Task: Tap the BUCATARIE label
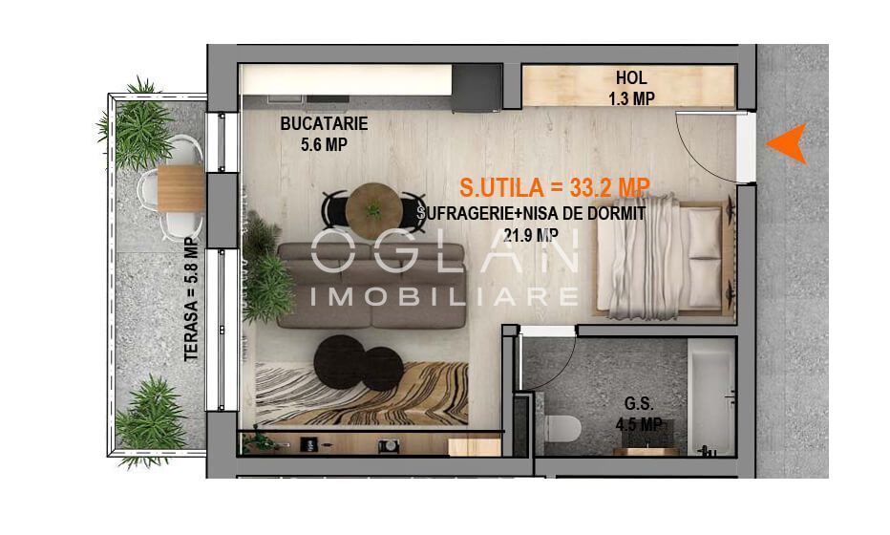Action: pyautogui.click(x=324, y=123)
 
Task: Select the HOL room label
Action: pyautogui.click(x=631, y=77)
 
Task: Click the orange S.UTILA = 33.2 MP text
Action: pyautogui.click(x=555, y=187)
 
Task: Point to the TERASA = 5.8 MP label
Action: pyautogui.click(x=192, y=299)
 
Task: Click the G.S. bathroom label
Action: pyautogui.click(x=639, y=403)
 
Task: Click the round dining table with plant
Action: pyautogui.click(x=374, y=211)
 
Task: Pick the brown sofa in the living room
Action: pyautogui.click(x=371, y=285)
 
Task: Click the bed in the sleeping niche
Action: pyautogui.click(x=662, y=254)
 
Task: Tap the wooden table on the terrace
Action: pyautogui.click(x=180, y=188)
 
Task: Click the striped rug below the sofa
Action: pyautogui.click(x=362, y=393)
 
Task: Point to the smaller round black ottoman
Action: pyautogui.click(x=382, y=369)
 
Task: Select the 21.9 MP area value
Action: pyautogui.click(x=530, y=235)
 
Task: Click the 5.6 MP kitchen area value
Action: pyautogui.click(x=324, y=145)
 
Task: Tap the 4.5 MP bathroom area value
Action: pyautogui.click(x=639, y=424)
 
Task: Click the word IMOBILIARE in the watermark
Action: pyautogui.click(x=444, y=296)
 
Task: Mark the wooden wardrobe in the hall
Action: pyautogui.click(x=628, y=86)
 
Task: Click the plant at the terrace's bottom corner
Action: pyautogui.click(x=151, y=420)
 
